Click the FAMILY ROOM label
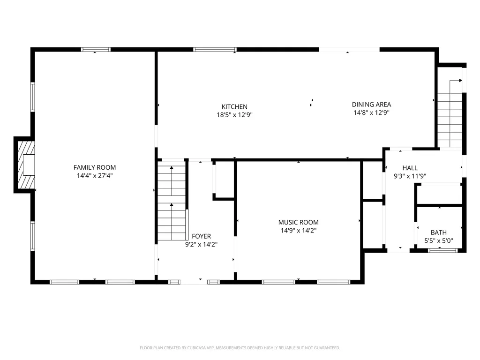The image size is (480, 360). click(x=94, y=167)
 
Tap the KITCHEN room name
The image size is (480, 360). click(x=234, y=106)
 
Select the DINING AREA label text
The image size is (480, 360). click(x=371, y=105)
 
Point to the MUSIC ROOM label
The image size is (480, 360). click(x=298, y=222)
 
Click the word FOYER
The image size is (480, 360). click(x=201, y=236)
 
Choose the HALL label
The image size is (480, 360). click(x=410, y=168)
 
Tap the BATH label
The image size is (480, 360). click(x=438, y=232)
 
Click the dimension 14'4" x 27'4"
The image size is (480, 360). click(x=94, y=176)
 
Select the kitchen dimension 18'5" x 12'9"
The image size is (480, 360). click(x=234, y=114)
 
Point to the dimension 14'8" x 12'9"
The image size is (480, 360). click(x=371, y=112)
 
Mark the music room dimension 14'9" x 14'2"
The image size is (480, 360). click(x=298, y=230)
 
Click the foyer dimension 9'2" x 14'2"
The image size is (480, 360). click(x=201, y=244)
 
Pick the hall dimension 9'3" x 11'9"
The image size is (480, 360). click(x=410, y=176)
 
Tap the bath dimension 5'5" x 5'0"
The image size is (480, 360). click(x=438, y=241)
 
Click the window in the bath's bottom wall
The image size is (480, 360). click(x=442, y=251)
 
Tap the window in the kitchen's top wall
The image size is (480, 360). click(x=215, y=49)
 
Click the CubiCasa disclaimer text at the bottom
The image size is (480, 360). click(x=240, y=348)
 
